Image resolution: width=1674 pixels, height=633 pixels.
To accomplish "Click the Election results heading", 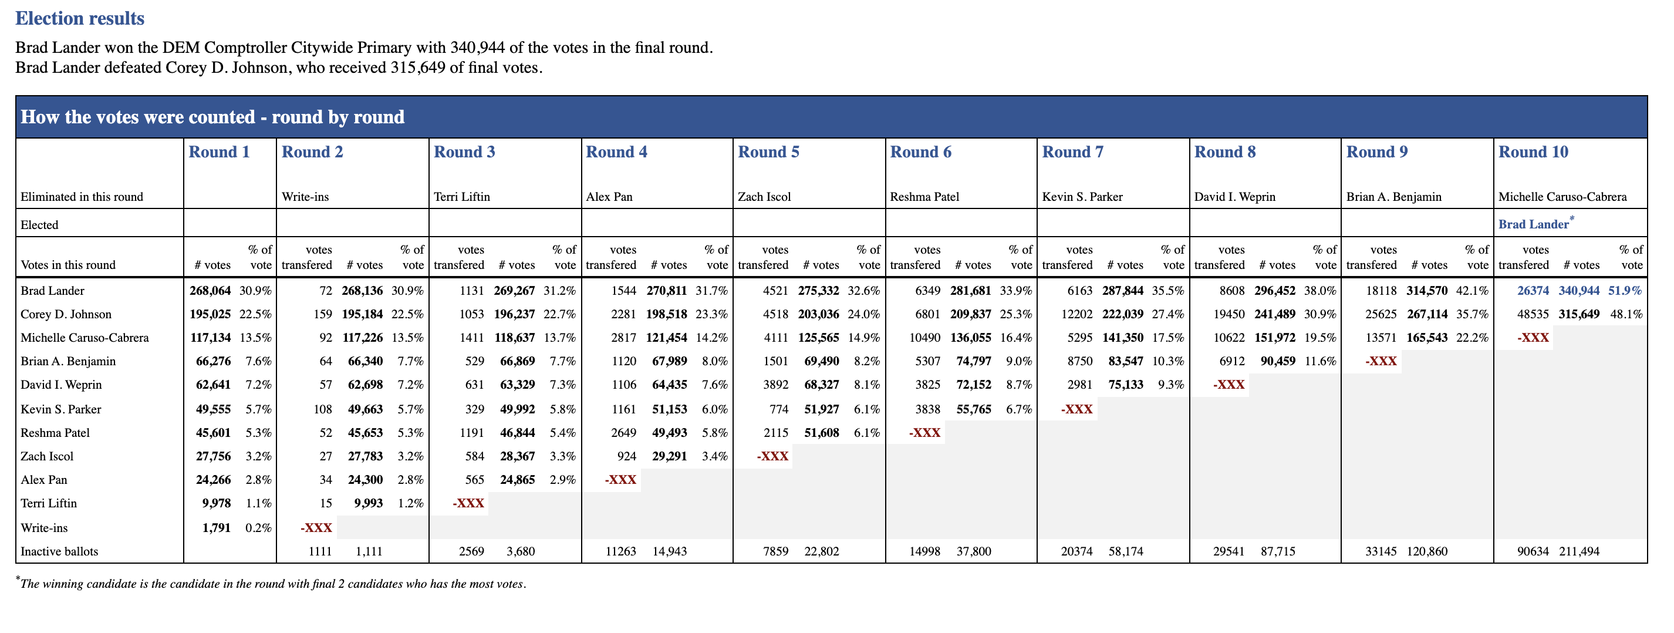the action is pos(80,18).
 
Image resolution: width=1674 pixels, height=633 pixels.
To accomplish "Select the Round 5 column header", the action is pos(769,152).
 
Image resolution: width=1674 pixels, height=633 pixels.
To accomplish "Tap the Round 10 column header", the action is pos(1534,152).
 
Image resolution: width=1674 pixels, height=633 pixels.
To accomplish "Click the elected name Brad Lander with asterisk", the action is pos(1536,224).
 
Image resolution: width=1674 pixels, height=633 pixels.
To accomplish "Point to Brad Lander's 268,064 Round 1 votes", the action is pos(210,291).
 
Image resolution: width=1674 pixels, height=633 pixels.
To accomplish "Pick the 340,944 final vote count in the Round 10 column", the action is pos(1579,291).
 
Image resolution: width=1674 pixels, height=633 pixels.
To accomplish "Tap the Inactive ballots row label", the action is pos(59,551).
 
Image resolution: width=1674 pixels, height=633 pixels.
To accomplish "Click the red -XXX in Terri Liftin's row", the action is pos(468,504).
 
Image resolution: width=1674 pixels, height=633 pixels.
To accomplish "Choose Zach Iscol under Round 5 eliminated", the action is pos(764,197).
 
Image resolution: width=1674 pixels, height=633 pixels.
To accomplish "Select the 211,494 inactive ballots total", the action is pos(1579,551).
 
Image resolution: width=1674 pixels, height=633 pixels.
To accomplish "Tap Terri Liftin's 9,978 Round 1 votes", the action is pos(217,503).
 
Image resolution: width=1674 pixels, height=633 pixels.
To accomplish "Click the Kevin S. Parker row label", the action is pos(61,409).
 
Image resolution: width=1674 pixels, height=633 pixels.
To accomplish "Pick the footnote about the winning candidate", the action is pos(271,583).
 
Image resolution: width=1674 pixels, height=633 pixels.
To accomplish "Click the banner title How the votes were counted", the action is pos(212,117).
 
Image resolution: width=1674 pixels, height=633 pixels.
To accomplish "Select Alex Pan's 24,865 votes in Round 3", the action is pos(517,480).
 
